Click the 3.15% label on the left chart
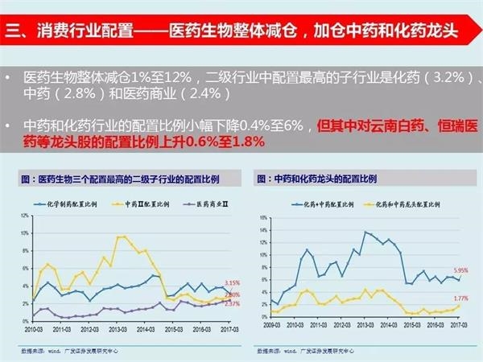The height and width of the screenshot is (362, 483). coord(233,282)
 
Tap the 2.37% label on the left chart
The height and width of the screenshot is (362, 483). coord(233,303)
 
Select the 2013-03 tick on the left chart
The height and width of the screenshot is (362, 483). coord(118,329)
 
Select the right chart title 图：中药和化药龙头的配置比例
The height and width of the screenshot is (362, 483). coord(317,177)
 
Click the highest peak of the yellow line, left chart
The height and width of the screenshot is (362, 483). coord(122,237)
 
